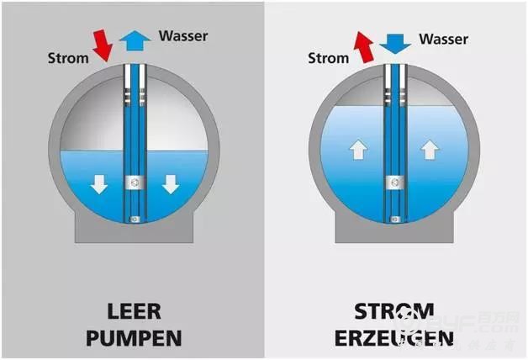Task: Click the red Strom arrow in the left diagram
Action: (x=102, y=45)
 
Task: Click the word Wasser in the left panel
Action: (x=182, y=36)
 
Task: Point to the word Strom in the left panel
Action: (x=66, y=60)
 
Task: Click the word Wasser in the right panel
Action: (x=443, y=39)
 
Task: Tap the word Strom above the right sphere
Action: (x=327, y=59)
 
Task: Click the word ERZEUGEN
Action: (x=393, y=338)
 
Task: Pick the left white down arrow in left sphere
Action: (x=99, y=183)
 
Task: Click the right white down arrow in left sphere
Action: (x=172, y=183)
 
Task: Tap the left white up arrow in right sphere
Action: (x=358, y=151)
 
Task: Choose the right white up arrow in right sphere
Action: (x=430, y=151)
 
